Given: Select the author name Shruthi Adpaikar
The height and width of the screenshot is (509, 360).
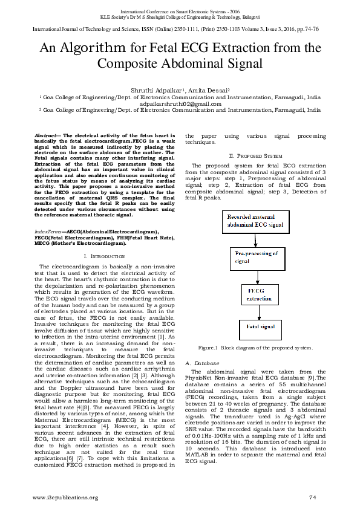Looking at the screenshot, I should click(x=155, y=89).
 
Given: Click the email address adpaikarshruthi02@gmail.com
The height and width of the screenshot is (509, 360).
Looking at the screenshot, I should click(x=180, y=103).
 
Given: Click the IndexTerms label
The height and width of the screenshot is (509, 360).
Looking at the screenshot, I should click(x=48, y=232).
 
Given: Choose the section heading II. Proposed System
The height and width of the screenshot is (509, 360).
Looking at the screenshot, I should click(x=251, y=155).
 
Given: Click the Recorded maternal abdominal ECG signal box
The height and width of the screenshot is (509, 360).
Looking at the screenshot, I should click(x=254, y=220).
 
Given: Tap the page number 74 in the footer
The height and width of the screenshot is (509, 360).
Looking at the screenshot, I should click(x=312, y=497).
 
